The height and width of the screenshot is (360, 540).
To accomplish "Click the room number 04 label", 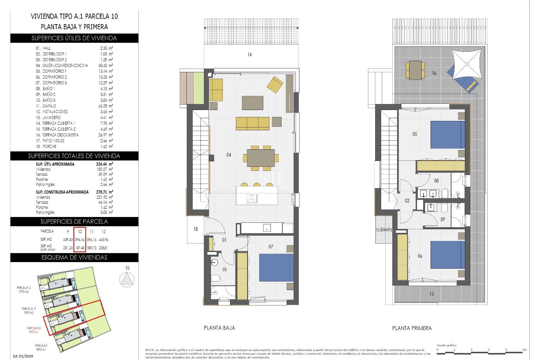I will [229, 155].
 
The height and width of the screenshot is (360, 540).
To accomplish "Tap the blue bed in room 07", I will [276, 267].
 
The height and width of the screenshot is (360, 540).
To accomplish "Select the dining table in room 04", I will [261, 158].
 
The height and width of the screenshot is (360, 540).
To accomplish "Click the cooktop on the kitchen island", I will [252, 199].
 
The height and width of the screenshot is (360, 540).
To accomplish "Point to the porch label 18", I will [195, 229].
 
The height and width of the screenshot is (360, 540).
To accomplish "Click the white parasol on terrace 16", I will [467, 64].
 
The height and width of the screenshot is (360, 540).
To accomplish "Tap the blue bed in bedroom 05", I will [447, 135].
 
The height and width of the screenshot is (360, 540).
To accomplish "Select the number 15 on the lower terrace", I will [431, 294].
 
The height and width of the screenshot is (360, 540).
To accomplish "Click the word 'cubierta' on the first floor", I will [384, 229].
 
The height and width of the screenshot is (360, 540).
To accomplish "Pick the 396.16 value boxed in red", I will [80, 240].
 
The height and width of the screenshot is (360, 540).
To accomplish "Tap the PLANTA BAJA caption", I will [219, 328].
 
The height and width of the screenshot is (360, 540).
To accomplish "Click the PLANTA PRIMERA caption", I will [412, 328].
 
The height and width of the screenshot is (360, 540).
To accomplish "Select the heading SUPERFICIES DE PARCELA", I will [74, 222].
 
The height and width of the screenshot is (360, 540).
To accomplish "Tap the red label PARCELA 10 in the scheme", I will [34, 328].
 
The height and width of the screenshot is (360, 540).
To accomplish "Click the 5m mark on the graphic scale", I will [524, 350].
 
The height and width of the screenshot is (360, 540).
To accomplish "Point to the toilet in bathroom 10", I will [215, 279].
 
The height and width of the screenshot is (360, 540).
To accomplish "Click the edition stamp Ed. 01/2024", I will [23, 356].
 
